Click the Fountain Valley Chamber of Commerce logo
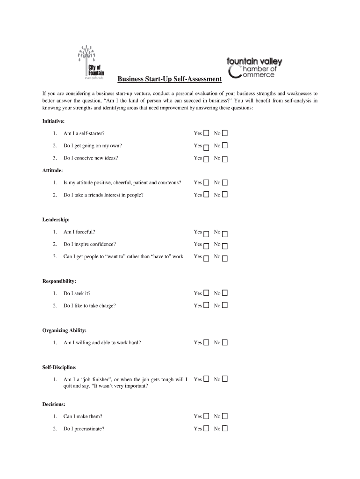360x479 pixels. pyautogui.click(x=254, y=68)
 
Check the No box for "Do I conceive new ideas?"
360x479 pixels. pyautogui.click(x=225, y=159)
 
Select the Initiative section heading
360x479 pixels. pyautogui.click(x=54, y=121)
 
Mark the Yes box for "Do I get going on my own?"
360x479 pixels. pyautogui.click(x=206, y=147)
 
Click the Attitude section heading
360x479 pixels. pyautogui.click(x=53, y=170)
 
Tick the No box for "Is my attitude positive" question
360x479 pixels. pyautogui.click(x=225, y=182)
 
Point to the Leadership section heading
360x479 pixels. pyautogui.click(x=56, y=219)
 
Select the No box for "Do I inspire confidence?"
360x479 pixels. pyautogui.click(x=225, y=246)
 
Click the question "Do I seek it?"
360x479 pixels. pyautogui.click(x=77, y=293)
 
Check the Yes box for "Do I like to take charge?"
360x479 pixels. pyautogui.click(x=206, y=305)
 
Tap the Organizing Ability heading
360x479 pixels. pyautogui.click(x=65, y=330)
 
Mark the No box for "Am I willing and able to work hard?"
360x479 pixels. pyautogui.click(x=225, y=342)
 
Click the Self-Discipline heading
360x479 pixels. pyautogui.click(x=59, y=367)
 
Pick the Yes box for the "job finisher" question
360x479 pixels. pyautogui.click(x=206, y=379)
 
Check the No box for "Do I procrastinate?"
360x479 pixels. pyautogui.click(x=225, y=428)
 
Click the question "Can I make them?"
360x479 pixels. pyautogui.click(x=83, y=416)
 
